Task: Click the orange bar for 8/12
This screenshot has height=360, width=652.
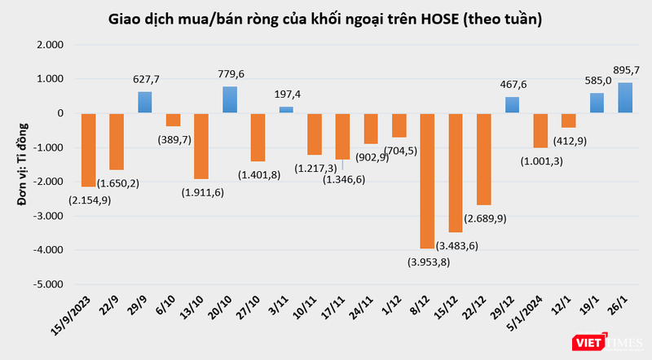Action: pos(428,180)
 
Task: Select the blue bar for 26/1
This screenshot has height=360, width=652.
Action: pos(625,98)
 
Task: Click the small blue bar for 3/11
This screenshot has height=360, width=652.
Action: pos(287,109)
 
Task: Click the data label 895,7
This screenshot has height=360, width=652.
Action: pos(625,70)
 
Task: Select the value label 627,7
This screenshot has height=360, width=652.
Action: pos(145,80)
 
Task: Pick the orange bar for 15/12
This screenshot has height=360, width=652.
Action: pos(456,173)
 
